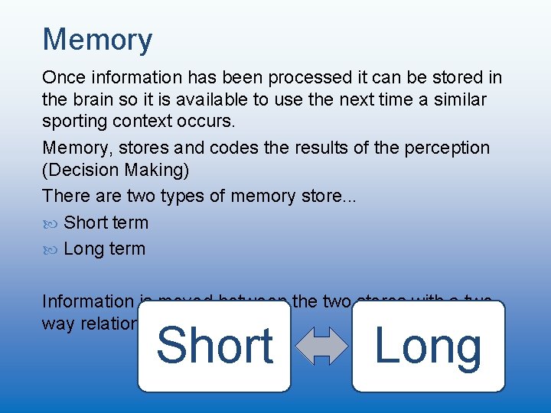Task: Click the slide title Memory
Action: pyautogui.click(x=97, y=39)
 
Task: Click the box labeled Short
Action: pyautogui.click(x=214, y=346)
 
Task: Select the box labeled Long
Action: pyautogui.click(x=429, y=346)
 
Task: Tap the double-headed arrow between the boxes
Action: pyautogui.click(x=321, y=346)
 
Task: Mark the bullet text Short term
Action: pyautogui.click(x=106, y=223)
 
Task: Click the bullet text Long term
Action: pyautogui.click(x=104, y=249)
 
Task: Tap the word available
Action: pyautogui.click(x=239, y=100)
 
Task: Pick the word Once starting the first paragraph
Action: pyautogui.click(x=64, y=77)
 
